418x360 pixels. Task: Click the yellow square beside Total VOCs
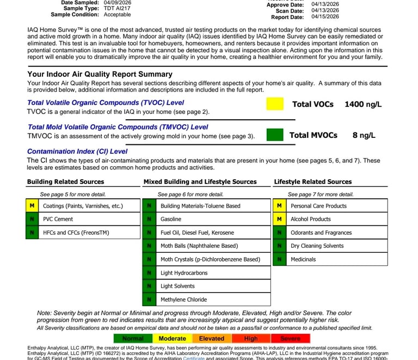(275, 104)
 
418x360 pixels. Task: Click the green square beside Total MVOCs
(275, 135)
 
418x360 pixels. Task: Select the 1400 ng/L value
(363, 104)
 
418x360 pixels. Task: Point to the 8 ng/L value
(364, 135)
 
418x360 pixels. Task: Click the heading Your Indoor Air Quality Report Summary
(100, 74)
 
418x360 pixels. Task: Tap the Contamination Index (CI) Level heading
(77, 151)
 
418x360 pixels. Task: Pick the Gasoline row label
(171, 219)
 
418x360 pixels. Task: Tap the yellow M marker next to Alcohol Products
(279, 219)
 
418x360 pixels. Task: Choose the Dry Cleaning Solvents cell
(317, 246)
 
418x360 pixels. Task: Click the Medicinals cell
(303, 260)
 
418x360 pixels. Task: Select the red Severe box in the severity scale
(290, 338)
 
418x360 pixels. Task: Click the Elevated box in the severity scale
(212, 338)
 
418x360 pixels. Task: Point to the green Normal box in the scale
(133, 338)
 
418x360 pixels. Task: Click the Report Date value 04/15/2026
(325, 17)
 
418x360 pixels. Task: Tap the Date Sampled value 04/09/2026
(118, 3)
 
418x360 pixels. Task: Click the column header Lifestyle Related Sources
(313, 182)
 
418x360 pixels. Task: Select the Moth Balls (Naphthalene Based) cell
(199, 246)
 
